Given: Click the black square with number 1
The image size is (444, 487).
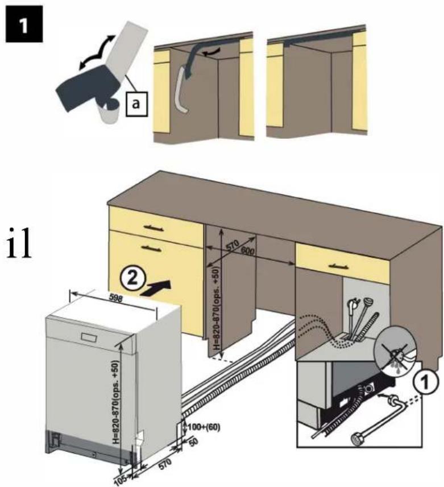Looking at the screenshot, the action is pyautogui.click(x=24, y=23).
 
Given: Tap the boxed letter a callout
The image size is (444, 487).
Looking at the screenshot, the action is pyautogui.click(x=136, y=104).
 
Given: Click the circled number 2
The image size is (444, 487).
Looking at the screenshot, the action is pyautogui.click(x=132, y=278).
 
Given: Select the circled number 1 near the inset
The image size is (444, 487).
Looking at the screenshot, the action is pyautogui.click(x=426, y=381).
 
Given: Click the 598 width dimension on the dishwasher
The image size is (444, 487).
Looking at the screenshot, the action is pyautogui.click(x=116, y=299).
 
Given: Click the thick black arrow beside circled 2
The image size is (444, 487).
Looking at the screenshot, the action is pyautogui.click(x=155, y=288).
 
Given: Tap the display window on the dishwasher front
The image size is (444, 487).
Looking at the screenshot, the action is pyautogui.click(x=90, y=337).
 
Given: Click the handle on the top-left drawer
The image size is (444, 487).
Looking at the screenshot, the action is pyautogui.click(x=154, y=228).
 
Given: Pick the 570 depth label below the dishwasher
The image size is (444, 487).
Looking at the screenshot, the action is pyautogui.click(x=164, y=465).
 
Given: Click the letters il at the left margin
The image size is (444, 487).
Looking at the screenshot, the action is pyautogui.click(x=19, y=242).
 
